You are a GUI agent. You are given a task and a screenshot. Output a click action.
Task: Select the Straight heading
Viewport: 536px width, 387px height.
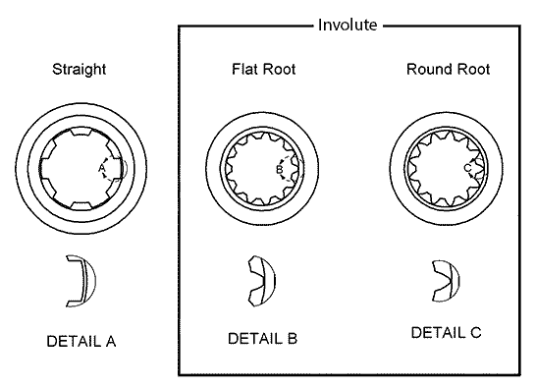coord(80,70)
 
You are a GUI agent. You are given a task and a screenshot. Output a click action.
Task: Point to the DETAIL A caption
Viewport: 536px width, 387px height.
coord(81,342)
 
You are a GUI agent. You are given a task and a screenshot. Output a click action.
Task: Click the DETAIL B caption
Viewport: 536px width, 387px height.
coord(262,339)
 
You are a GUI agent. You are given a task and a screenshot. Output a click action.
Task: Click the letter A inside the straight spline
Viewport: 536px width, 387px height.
coord(101,169)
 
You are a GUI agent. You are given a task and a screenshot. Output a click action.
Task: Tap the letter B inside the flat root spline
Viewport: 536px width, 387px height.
coord(279,168)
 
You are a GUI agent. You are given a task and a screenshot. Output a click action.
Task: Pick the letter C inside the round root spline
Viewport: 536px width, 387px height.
coord(468,168)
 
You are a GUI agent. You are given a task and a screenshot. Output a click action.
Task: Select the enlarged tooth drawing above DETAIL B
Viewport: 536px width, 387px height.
coord(262,279)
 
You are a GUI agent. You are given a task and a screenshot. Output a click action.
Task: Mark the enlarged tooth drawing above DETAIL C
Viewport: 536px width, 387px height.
coord(444,279)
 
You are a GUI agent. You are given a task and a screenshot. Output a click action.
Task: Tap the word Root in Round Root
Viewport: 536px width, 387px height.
coord(468,70)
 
